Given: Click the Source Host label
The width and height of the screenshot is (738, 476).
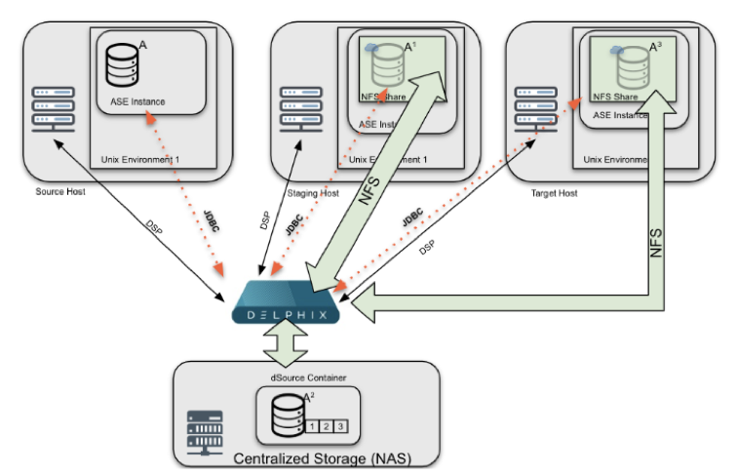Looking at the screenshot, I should (x=60, y=191).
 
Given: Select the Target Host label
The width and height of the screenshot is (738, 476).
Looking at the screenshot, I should (x=553, y=193).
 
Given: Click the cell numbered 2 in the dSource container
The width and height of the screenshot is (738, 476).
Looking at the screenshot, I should (x=325, y=425).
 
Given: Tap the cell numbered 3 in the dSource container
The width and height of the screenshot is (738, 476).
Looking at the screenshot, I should (x=339, y=425).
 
